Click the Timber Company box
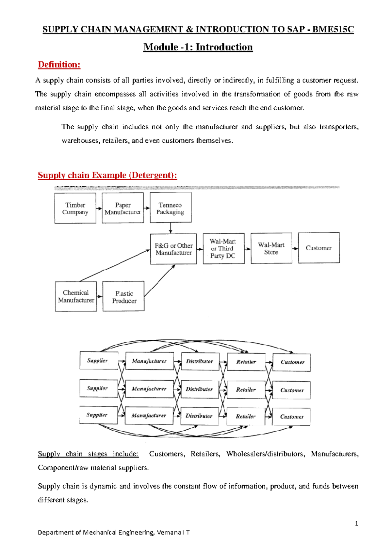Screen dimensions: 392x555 click(x=75, y=208)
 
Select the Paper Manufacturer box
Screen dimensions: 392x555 click(x=123, y=208)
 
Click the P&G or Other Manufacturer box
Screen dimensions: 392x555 click(x=173, y=249)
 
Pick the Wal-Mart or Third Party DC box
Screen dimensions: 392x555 click(x=223, y=248)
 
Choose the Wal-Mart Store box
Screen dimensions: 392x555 click(x=271, y=248)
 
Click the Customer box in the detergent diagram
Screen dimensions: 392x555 click(x=319, y=248)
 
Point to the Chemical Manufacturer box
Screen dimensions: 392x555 click(x=76, y=296)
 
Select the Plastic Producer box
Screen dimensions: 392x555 click(x=123, y=296)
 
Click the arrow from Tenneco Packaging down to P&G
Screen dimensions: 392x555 click(x=171, y=228)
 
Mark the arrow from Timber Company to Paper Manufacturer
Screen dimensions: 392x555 click(x=99, y=208)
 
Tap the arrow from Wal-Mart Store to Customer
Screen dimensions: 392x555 click(x=295, y=249)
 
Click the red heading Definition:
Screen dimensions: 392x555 click(x=59, y=64)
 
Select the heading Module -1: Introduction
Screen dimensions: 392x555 click(x=198, y=47)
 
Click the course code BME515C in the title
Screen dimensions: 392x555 click(x=333, y=29)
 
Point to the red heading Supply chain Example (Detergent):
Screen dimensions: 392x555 click(x=107, y=175)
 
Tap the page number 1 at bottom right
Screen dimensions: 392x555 click(x=356, y=524)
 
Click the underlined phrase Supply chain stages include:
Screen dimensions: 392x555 click(x=88, y=454)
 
